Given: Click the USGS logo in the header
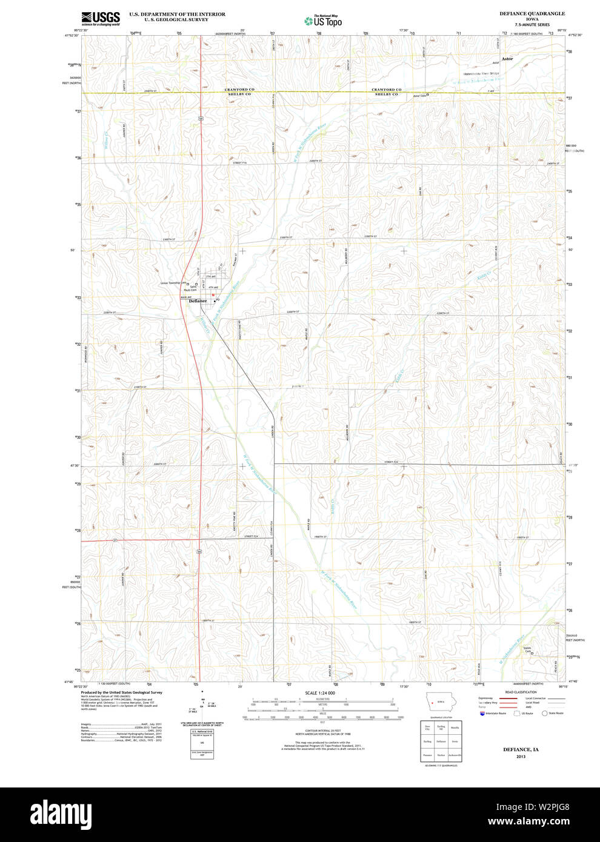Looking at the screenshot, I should coord(100,18).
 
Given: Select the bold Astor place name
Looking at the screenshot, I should coord(507,59).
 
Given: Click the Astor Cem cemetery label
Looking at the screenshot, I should coord(419,96).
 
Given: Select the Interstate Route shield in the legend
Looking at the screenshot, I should coord(482,714).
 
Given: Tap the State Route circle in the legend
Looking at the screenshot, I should coord(544,714).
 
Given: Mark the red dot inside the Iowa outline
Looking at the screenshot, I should coord(431,703).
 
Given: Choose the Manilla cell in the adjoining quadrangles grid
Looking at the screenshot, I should coord(455,728).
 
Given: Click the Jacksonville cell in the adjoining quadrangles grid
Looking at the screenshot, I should coord(455,755).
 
